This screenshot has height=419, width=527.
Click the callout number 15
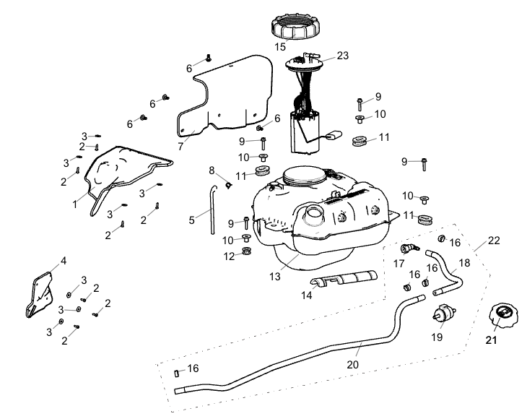pos(280,47)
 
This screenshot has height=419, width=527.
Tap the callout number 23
pos(342,54)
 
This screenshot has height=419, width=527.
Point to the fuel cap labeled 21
pos(500,316)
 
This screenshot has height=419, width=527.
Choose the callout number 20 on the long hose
pos(352,365)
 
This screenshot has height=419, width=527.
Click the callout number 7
pos(180,146)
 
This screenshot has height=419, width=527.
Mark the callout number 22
pos(494,240)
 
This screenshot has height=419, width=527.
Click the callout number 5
pos(192,220)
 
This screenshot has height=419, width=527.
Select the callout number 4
pos(63,260)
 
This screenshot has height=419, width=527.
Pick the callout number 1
pos(74,204)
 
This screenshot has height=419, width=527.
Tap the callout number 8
pos(212,170)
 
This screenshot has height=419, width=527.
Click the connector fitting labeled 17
pos(409,249)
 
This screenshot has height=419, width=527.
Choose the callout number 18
pos(463,263)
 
